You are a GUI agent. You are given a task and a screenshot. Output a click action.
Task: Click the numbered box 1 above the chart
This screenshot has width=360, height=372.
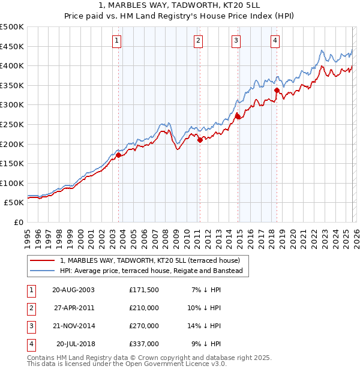[x=116, y=41]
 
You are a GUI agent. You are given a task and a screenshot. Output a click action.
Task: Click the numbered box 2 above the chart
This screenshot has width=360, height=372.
[x=197, y=41]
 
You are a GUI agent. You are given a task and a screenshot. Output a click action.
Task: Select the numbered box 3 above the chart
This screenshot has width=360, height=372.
[x=236, y=41]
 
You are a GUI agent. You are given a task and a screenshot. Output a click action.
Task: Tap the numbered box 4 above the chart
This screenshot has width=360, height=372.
[x=274, y=41]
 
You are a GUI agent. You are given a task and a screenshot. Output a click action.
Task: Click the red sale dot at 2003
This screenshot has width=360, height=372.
[x=119, y=155]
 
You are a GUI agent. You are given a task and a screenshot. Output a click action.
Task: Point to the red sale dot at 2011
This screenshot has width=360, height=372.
[x=200, y=140]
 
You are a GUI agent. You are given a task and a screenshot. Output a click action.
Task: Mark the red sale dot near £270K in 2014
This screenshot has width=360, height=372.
[x=238, y=116]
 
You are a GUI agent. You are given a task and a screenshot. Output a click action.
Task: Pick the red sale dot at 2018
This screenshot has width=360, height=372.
[x=277, y=91]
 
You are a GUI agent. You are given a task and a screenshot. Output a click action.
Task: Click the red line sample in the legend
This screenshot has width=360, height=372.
[x=43, y=260]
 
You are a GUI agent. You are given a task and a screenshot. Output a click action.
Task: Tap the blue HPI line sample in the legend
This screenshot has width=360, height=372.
[x=43, y=271]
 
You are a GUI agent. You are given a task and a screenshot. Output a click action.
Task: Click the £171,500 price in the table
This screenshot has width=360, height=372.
[x=144, y=289]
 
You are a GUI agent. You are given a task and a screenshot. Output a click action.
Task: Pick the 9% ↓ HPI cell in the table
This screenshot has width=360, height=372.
[x=207, y=344]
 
